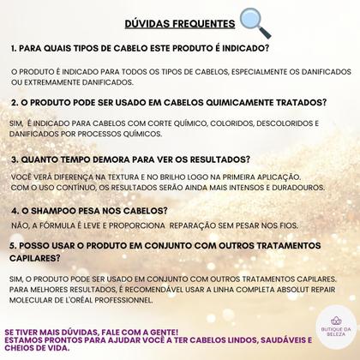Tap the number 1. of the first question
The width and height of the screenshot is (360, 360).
point(15,48)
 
